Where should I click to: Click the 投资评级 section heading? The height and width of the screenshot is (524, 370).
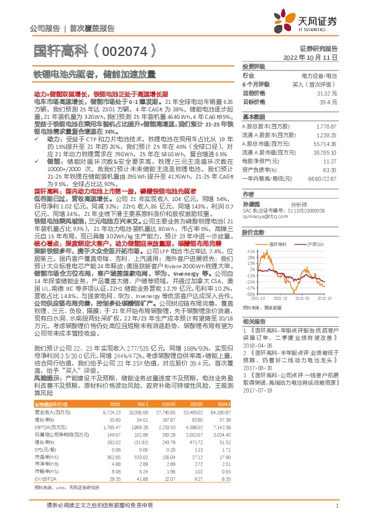point(254,67)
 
